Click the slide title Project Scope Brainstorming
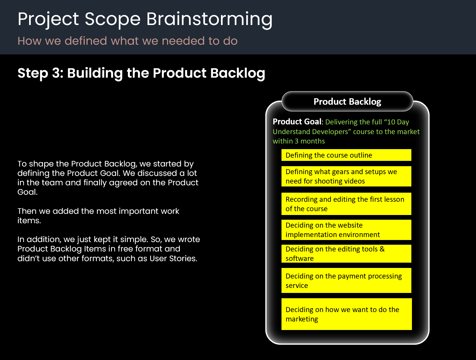click(x=145, y=19)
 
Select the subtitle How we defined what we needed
click(x=127, y=41)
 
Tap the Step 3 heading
click(x=141, y=73)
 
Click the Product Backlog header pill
click(x=347, y=101)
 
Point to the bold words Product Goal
click(x=297, y=122)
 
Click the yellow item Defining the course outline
click(x=346, y=155)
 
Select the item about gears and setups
click(x=346, y=176)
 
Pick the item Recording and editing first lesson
click(x=346, y=204)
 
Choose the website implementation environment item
click(x=346, y=230)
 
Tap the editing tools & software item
click(x=346, y=254)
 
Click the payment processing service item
click(x=346, y=281)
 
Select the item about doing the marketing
click(x=346, y=314)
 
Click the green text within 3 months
click(x=299, y=141)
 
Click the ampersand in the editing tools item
click(x=382, y=249)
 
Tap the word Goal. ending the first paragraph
click(x=27, y=192)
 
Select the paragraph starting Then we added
click(x=98, y=216)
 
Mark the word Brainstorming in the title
click(x=209, y=19)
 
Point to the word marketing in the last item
click(x=301, y=319)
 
